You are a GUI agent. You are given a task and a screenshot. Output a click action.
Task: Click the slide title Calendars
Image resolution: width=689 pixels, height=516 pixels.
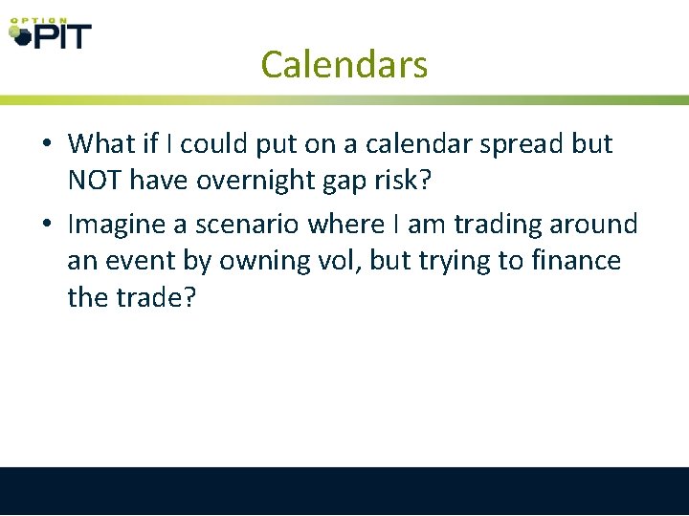(344, 65)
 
